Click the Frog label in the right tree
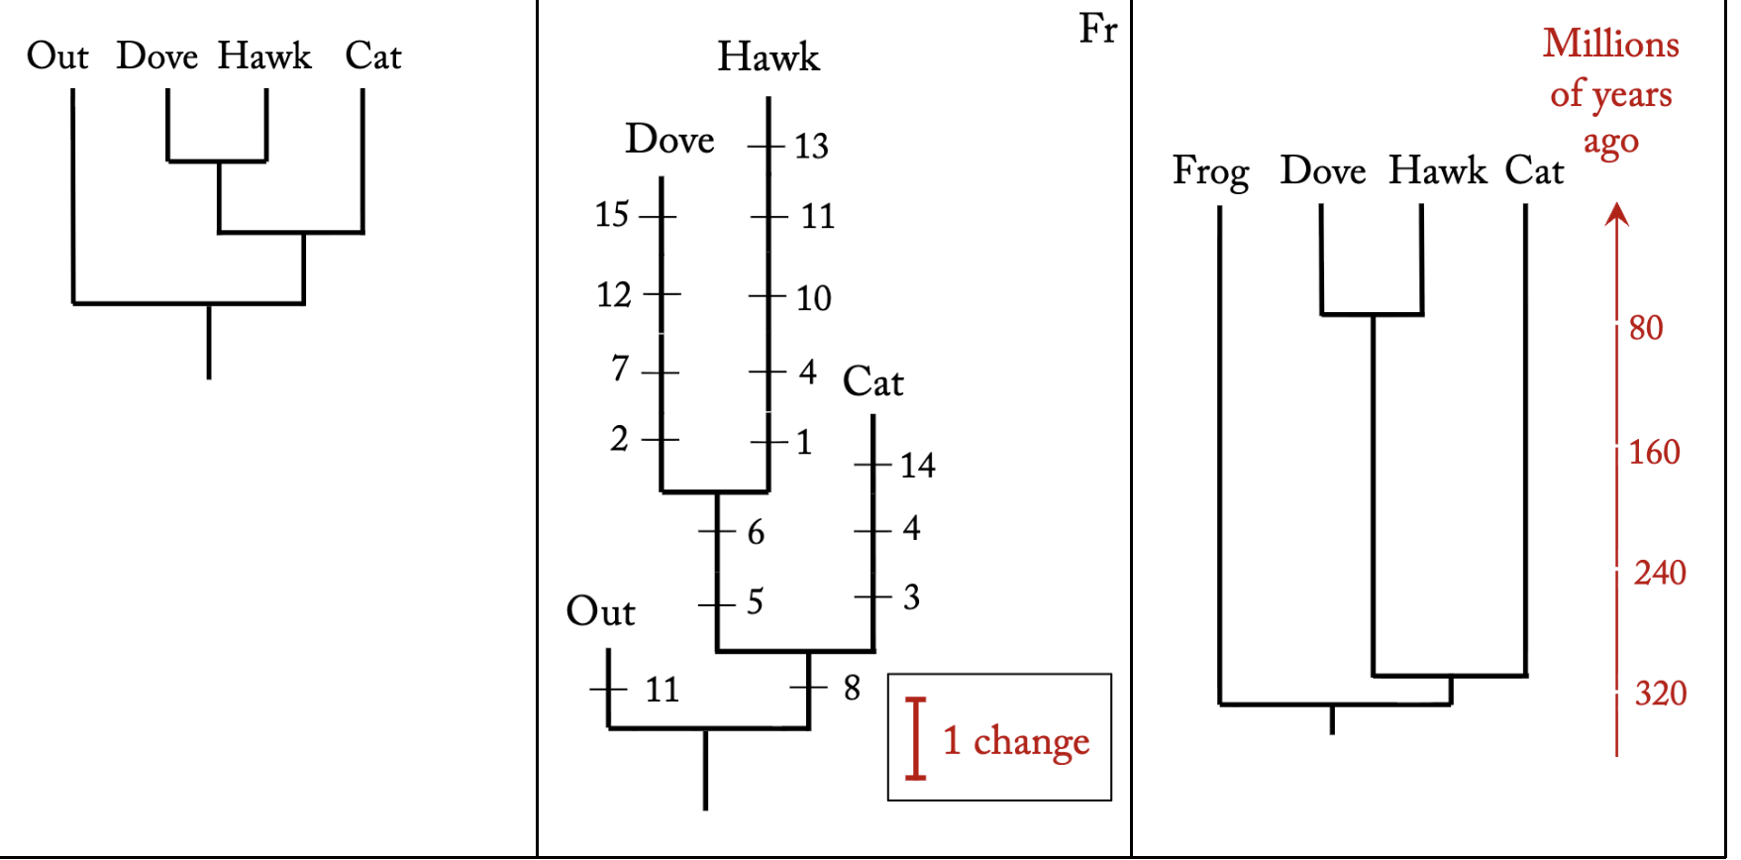pos(1210,172)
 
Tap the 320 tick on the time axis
pos(1660,694)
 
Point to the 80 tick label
pos(1646,328)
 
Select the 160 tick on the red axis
pos(1654,453)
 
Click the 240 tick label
pos(1660,573)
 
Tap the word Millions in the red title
pos(1610,45)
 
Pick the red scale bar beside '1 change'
pos(916,738)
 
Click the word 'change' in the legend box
pos(1031,742)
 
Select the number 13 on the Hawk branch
pos(811,147)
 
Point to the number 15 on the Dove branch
pos(611,215)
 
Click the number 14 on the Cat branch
pos(917,466)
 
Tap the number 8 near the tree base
pos(852,688)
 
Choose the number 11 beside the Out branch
pos(662,690)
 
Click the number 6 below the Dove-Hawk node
pos(756,533)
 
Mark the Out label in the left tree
pos(57,56)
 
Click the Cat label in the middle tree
pos(872,382)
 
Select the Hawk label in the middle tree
pos(768,57)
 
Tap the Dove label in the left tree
pos(156,56)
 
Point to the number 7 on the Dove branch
pos(620,369)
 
